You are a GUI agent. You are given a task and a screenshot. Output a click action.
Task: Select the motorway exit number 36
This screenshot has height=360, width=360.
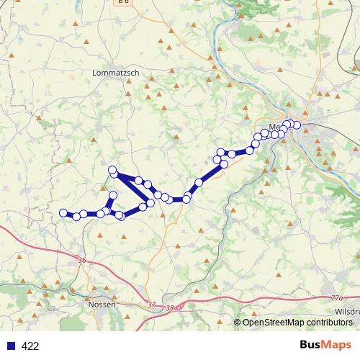pyautogui.click(x=81, y=260)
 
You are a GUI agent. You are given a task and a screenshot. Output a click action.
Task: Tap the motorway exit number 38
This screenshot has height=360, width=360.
pyautogui.click(x=170, y=307)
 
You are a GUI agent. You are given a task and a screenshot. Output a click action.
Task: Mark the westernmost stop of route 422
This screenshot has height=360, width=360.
pyautogui.click(x=63, y=212)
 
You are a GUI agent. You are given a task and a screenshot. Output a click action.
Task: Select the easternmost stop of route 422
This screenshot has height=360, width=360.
pyautogui.click(x=296, y=125)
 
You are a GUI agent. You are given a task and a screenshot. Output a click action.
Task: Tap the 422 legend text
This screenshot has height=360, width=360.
pyautogui.click(x=30, y=346)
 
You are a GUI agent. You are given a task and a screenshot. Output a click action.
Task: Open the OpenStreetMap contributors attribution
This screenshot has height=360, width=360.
pyautogui.click(x=297, y=323)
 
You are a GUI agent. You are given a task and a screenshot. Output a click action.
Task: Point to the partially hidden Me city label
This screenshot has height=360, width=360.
pyautogui.click(x=273, y=127)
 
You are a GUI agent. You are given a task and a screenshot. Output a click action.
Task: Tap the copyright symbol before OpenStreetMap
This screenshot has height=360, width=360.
pyautogui.click(x=238, y=323)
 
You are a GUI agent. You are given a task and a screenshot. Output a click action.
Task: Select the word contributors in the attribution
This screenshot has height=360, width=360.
pyautogui.click(x=329, y=323)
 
